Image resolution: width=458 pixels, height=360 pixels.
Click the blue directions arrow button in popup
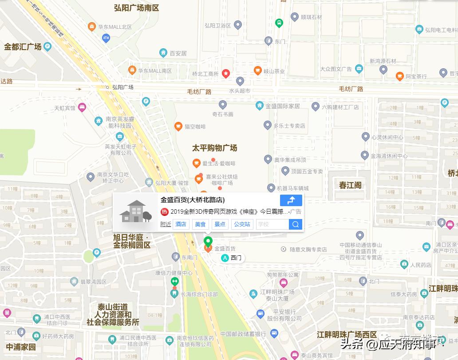[x=291, y=200]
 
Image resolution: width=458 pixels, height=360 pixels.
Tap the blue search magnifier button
[x=296, y=224]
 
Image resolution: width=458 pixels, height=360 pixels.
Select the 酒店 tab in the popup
[x=181, y=224]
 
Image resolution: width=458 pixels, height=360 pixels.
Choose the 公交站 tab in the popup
[x=242, y=224]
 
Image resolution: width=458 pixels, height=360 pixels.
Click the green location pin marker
[x=208, y=242]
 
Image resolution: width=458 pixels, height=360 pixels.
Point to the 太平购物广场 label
[x=214, y=148]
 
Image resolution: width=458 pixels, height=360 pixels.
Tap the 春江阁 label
[x=351, y=185]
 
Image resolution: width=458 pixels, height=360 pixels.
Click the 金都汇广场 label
[x=23, y=47]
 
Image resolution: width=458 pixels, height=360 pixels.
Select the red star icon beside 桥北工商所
[x=226, y=74]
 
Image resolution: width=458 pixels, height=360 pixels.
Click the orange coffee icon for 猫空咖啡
[x=178, y=126]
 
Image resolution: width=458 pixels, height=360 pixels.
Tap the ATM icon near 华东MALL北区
[x=106, y=38]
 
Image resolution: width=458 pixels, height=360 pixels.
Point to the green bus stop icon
[x=279, y=23]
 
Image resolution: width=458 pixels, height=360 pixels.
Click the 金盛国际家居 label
[x=282, y=106]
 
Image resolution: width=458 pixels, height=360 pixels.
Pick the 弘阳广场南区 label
[x=136, y=8]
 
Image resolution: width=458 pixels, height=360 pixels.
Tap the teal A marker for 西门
[x=225, y=258]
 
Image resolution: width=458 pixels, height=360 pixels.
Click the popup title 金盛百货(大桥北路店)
[x=193, y=200]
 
